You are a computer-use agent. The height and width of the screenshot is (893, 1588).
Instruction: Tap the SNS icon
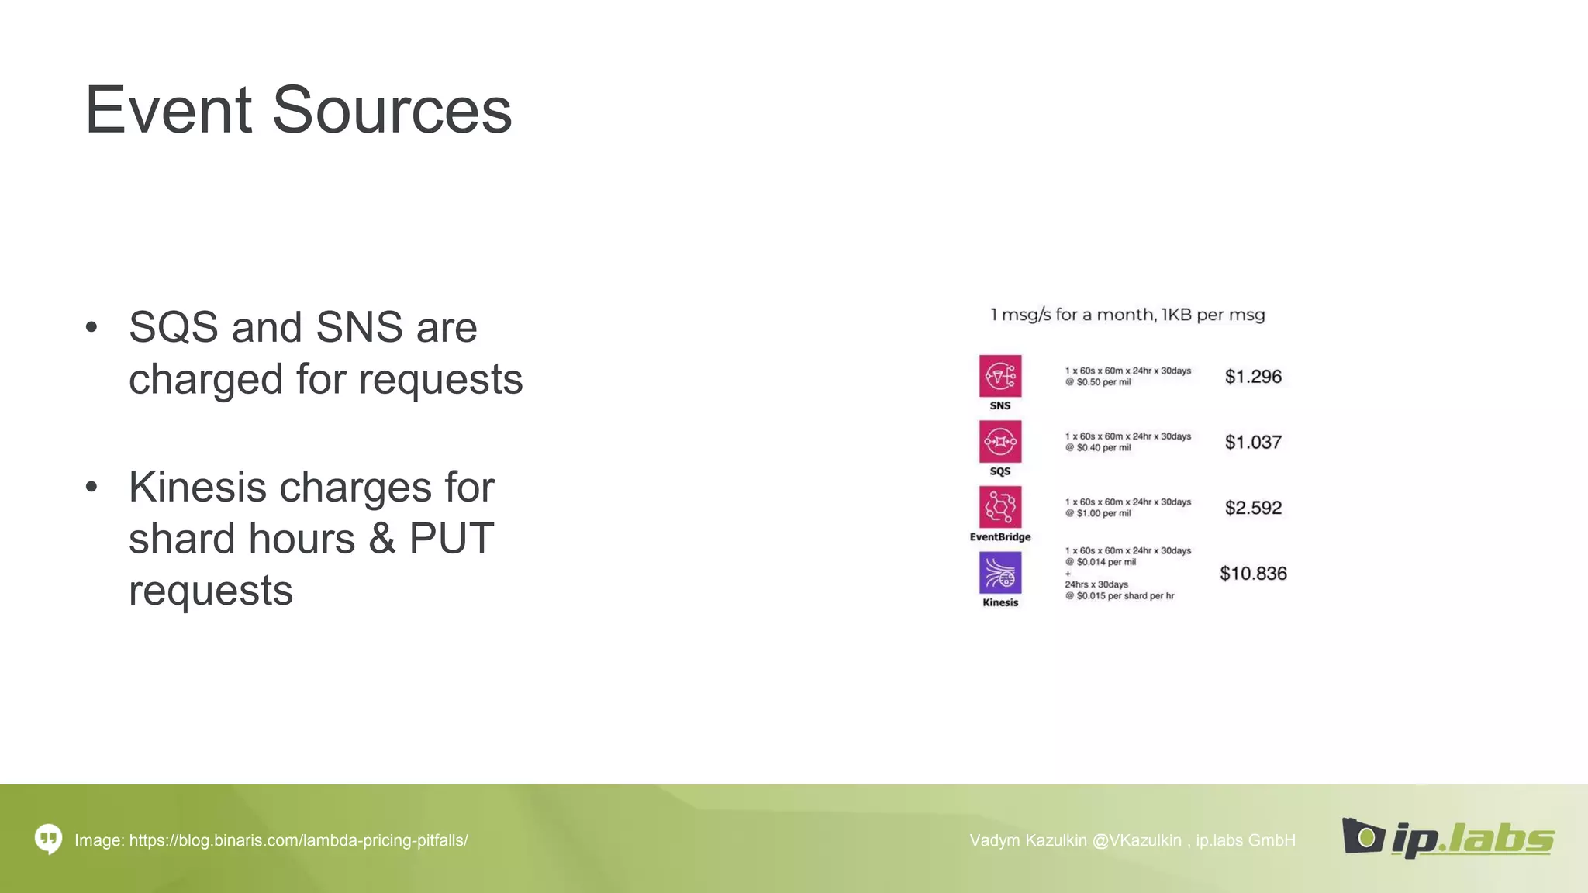click(999, 376)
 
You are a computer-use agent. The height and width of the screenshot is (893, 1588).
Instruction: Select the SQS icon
click(999, 441)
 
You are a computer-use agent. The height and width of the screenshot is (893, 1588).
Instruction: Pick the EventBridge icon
click(999, 507)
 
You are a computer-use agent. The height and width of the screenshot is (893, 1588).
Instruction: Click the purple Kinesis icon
click(999, 573)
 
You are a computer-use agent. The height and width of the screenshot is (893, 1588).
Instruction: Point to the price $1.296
click(1253, 377)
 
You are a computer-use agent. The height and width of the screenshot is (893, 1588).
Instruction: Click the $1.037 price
click(1253, 443)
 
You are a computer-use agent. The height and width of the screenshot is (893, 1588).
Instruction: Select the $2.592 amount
click(1253, 508)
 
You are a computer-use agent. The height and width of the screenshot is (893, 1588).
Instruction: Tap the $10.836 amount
click(1253, 574)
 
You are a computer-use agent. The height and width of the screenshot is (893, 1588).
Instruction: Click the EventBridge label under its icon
click(1000, 536)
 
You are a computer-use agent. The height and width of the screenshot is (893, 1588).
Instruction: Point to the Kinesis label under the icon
click(1000, 602)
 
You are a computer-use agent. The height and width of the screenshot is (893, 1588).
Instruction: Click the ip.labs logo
click(1448, 838)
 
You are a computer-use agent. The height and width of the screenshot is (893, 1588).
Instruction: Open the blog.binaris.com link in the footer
click(299, 840)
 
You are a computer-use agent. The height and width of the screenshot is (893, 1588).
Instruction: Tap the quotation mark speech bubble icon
click(48, 839)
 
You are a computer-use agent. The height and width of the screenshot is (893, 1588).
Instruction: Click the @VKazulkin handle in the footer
click(1136, 840)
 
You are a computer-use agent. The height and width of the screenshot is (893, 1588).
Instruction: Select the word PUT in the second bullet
click(451, 538)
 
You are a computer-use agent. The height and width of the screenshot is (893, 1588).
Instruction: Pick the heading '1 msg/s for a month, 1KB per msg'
click(1127, 315)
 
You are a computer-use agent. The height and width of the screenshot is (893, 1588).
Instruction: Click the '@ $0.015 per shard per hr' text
click(1120, 596)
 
